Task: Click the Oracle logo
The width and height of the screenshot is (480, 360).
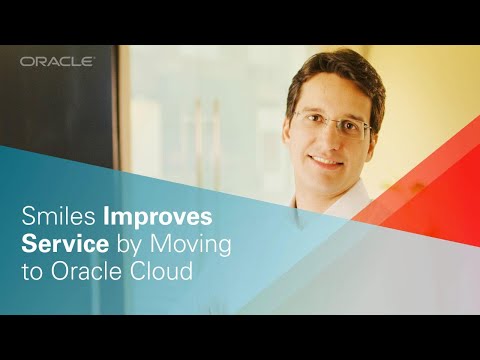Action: point(57,62)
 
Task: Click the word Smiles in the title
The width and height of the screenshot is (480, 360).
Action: point(55,217)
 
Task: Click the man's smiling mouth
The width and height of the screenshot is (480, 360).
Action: point(324,160)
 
